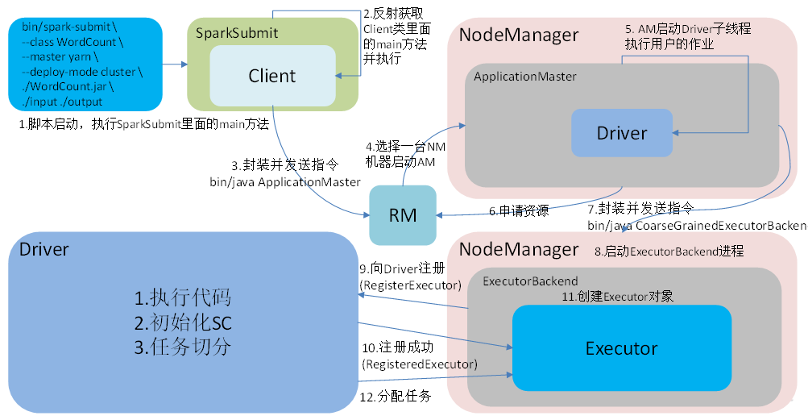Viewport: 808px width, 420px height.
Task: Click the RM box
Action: pos(402,215)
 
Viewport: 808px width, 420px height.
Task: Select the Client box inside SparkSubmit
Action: pos(272,76)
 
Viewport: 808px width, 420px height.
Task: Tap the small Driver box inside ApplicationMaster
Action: pos(621,133)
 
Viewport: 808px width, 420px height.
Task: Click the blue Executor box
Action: pos(621,347)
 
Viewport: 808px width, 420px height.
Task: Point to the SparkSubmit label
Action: pos(238,33)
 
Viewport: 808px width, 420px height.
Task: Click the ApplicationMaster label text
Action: pos(524,77)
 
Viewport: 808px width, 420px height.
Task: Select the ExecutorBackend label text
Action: pos(529,281)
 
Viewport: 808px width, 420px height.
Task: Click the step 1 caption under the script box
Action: pos(143,124)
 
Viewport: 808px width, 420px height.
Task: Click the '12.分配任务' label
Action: pos(396,396)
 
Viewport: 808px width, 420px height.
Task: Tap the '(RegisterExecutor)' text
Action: pos(411,285)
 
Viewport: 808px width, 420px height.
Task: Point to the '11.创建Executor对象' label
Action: pos(617,297)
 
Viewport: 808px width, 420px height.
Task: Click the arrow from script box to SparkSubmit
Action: pos(173,64)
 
